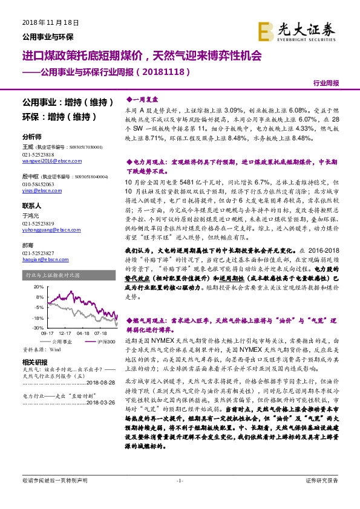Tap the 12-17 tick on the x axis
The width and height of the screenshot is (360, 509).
pyautogui.click(x=65, y=333)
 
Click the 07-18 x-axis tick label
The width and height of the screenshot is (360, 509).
pyautogui.click(x=101, y=333)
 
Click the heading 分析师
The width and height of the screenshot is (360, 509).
pyautogui.click(x=31, y=137)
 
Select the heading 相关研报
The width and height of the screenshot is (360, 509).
pyautogui.click(x=34, y=361)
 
